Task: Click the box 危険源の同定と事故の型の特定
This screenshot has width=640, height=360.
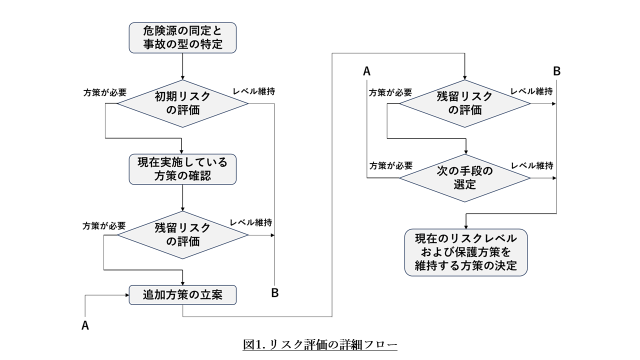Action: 182,37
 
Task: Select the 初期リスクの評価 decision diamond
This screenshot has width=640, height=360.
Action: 182,103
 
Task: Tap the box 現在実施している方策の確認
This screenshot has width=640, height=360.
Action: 182,169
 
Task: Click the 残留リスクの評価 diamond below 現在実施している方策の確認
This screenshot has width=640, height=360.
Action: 182,234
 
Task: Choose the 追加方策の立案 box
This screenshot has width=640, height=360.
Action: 182,295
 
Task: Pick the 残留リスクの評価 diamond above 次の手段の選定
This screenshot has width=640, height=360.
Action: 465,103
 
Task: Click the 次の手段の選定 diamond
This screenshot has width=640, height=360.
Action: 465,178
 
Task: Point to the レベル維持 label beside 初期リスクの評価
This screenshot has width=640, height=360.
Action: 253,91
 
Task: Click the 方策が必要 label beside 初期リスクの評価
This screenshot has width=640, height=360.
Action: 104,92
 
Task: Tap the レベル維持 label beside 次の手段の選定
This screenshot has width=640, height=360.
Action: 531,165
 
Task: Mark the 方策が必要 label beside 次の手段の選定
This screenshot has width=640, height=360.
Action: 390,165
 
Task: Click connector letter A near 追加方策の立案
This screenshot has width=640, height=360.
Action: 85,325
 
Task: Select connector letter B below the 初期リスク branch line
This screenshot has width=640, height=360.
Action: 274,293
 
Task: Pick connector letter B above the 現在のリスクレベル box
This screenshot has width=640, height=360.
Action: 556,71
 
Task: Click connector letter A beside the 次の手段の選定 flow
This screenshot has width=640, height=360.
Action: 366,71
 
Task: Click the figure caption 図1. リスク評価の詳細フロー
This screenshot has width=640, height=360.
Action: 320,344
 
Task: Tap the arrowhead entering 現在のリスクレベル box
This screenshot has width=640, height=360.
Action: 466,226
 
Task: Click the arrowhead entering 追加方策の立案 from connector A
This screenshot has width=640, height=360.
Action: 126,295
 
